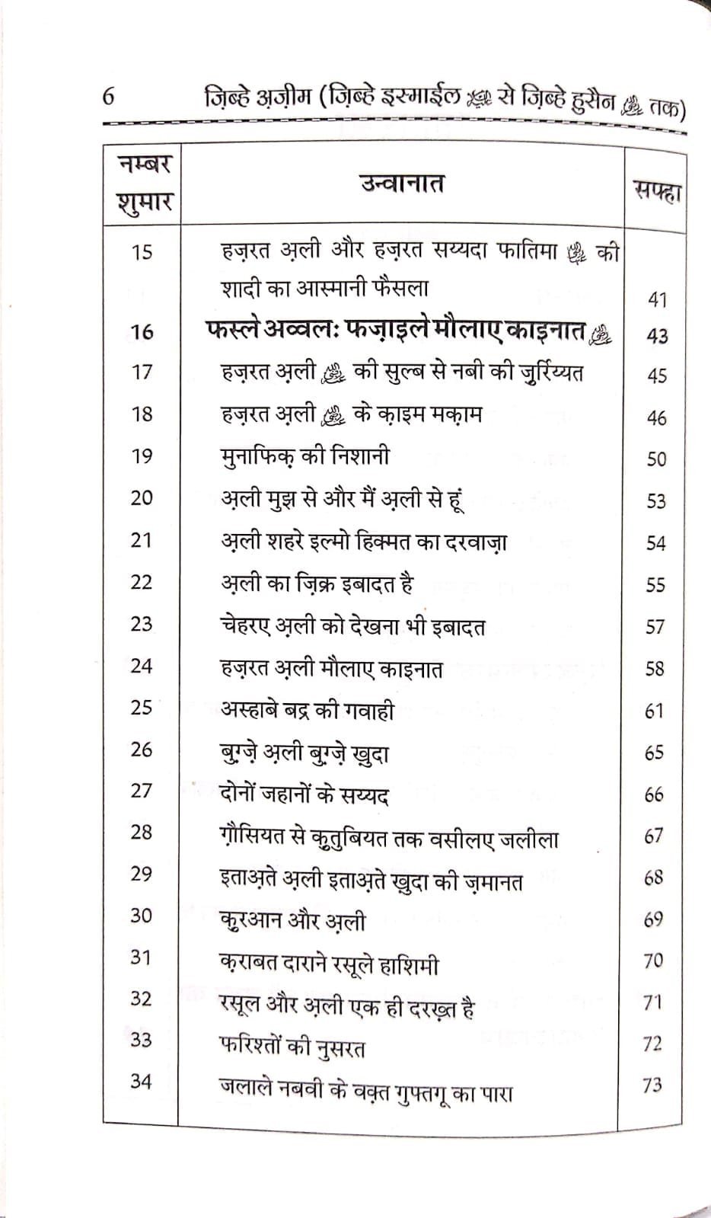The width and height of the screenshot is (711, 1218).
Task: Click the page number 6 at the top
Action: pyautogui.click(x=107, y=97)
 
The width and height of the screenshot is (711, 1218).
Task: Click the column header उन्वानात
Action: pyautogui.click(x=402, y=184)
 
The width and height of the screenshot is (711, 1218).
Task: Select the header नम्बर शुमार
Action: pyautogui.click(x=143, y=184)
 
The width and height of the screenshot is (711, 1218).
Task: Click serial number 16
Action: pyautogui.click(x=142, y=331)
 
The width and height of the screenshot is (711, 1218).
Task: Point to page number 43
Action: pyautogui.click(x=656, y=335)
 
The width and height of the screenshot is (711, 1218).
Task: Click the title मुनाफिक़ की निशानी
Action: pyautogui.click(x=304, y=456)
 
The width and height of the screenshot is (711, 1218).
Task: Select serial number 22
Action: pyautogui.click(x=142, y=582)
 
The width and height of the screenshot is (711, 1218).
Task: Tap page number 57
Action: pyautogui.click(x=655, y=627)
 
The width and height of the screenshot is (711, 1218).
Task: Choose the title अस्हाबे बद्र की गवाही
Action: pyautogui.click(x=307, y=710)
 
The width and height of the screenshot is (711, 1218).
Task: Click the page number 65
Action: pyautogui.click(x=655, y=753)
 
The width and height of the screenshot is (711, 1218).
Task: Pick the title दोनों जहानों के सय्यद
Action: pyautogui.click(x=304, y=795)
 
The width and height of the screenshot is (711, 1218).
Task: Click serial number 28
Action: pyautogui.click(x=142, y=832)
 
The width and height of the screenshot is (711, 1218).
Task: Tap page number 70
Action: pyautogui.click(x=653, y=961)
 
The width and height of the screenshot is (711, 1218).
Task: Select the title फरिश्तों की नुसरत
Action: pyautogui.click(x=292, y=1047)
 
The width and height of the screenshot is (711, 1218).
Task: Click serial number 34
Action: pyautogui.click(x=141, y=1081)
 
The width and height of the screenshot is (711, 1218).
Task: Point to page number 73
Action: pyautogui.click(x=652, y=1085)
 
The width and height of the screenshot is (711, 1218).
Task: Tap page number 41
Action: pyautogui.click(x=657, y=299)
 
